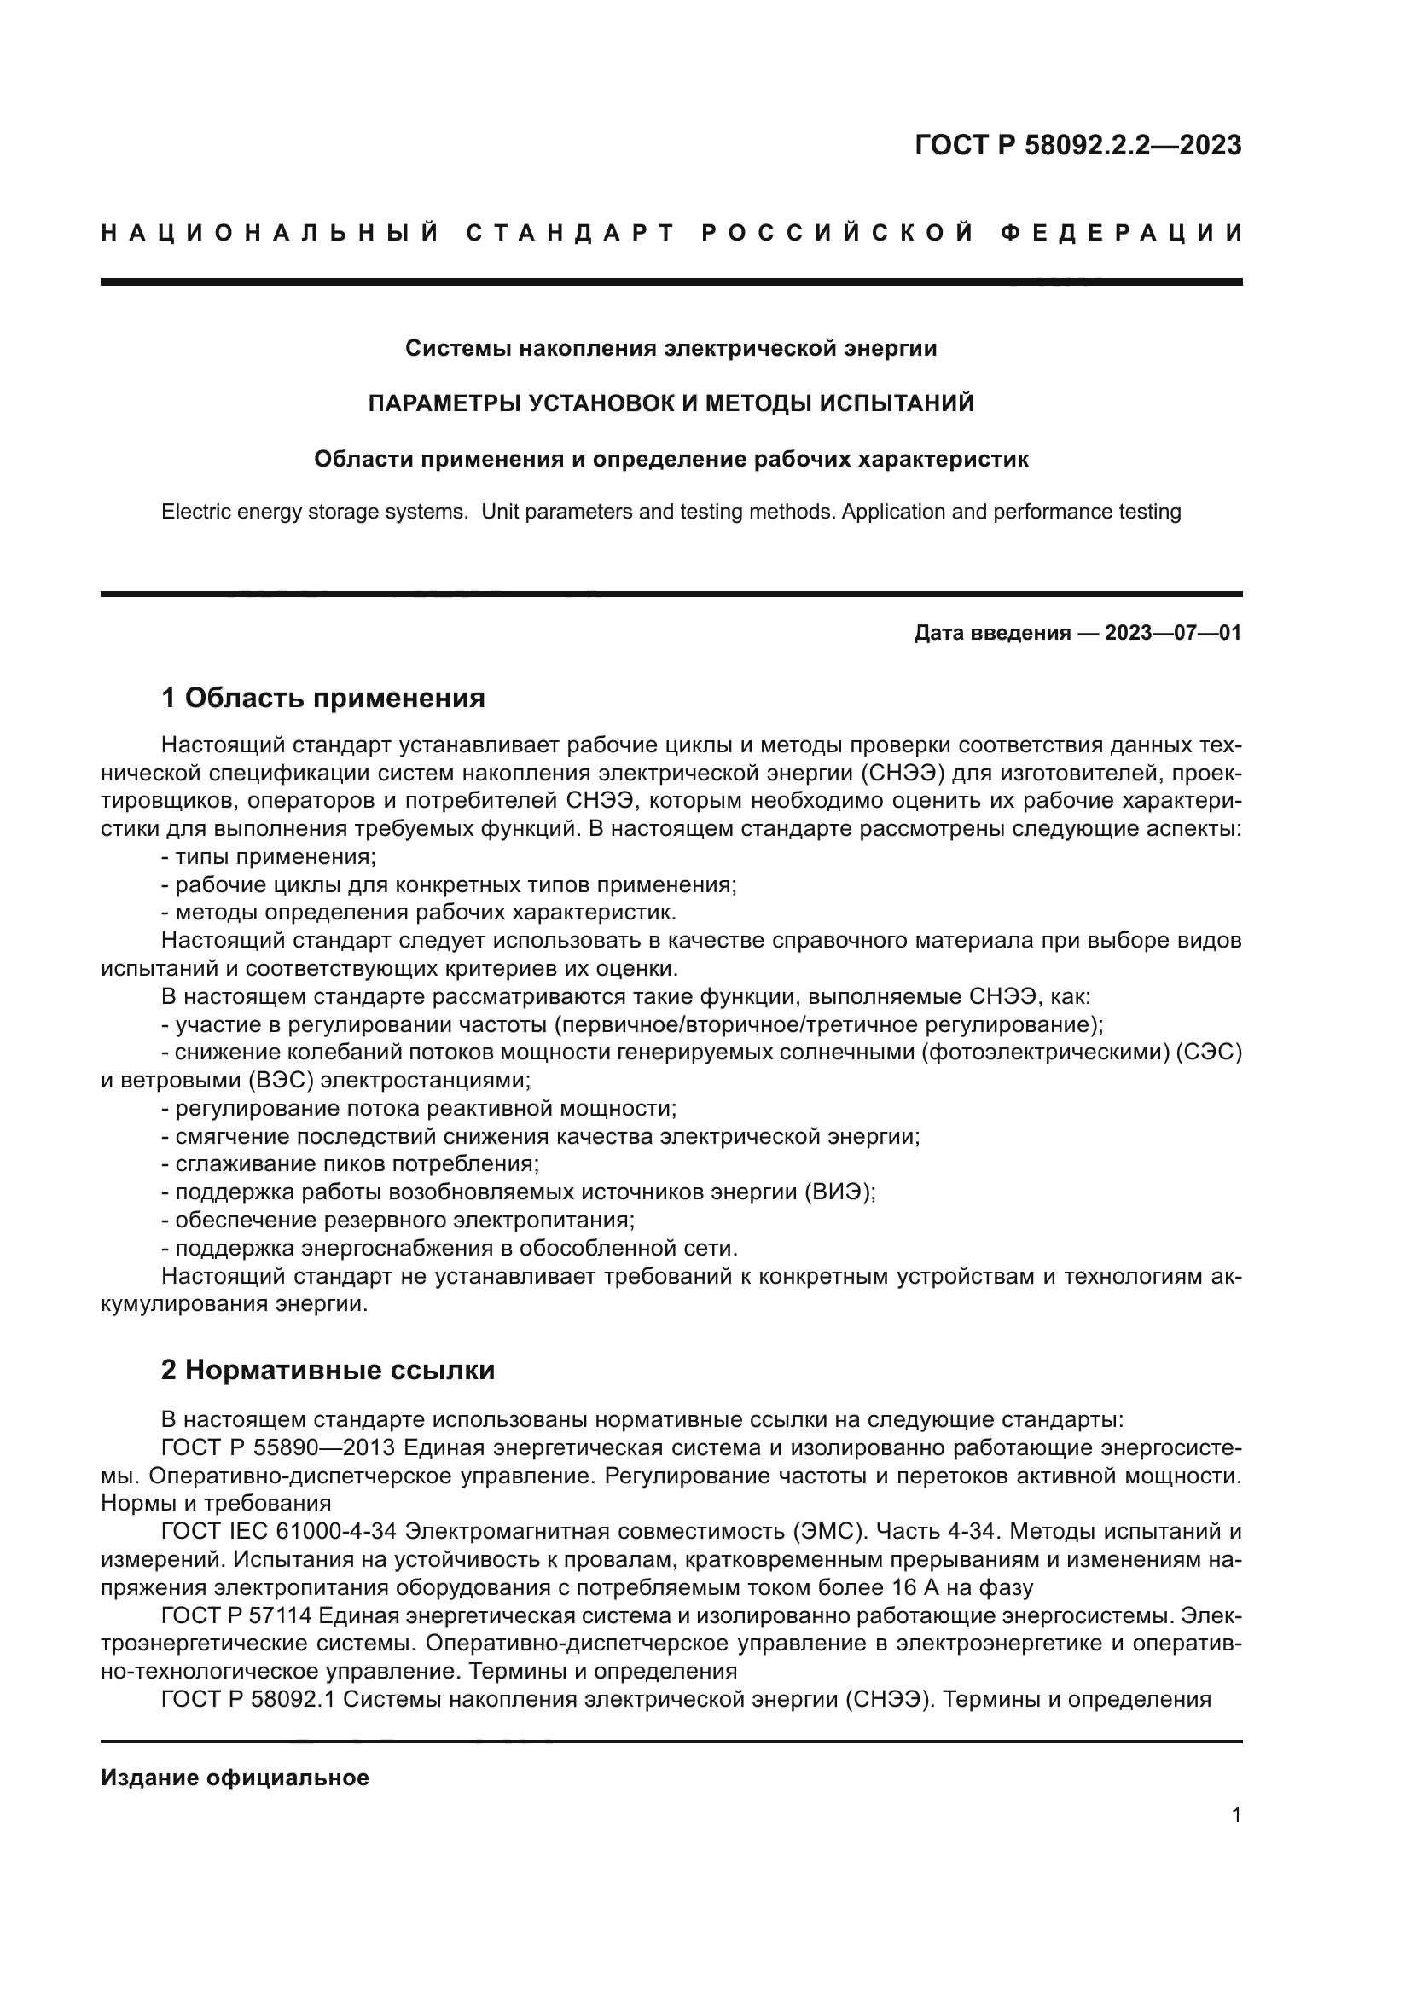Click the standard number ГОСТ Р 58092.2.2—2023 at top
pyautogui.click(x=1077, y=145)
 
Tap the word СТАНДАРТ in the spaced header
pyautogui.click(x=570, y=233)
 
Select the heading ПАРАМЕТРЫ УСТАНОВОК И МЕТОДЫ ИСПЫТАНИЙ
pyautogui.click(x=671, y=403)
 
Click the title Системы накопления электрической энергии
pyautogui.click(x=671, y=349)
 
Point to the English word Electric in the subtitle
pyautogui.click(x=197, y=512)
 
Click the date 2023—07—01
pyautogui.click(x=1173, y=633)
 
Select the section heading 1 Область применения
pyautogui.click(x=322, y=697)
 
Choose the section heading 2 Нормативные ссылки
pyautogui.click(x=328, y=1371)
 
